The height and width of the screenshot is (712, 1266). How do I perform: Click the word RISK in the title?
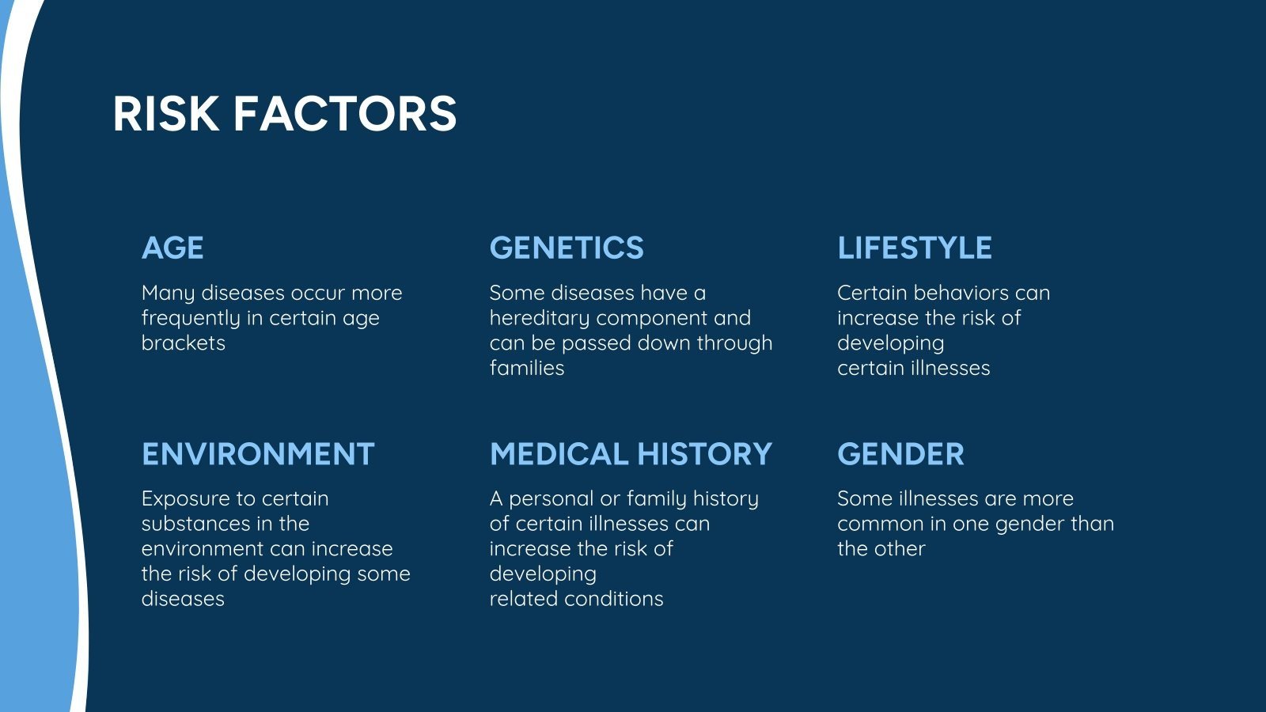(x=165, y=113)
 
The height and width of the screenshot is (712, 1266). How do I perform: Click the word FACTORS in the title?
(x=345, y=113)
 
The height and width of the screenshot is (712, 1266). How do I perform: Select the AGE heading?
(x=172, y=248)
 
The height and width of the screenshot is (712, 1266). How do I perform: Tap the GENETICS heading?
(x=567, y=248)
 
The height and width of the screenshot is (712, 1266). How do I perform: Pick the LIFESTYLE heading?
(x=914, y=248)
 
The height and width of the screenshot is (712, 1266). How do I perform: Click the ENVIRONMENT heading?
(x=258, y=454)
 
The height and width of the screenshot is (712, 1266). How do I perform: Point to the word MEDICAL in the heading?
(x=559, y=454)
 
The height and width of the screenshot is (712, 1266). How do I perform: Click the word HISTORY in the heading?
(x=704, y=454)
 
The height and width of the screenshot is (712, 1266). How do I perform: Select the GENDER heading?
(x=900, y=454)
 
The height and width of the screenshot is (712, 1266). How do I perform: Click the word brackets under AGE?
(x=183, y=343)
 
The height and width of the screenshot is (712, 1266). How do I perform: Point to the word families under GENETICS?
(x=526, y=369)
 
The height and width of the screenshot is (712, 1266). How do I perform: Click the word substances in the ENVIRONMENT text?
(x=185, y=524)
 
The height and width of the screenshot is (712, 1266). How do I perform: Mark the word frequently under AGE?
(x=191, y=319)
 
